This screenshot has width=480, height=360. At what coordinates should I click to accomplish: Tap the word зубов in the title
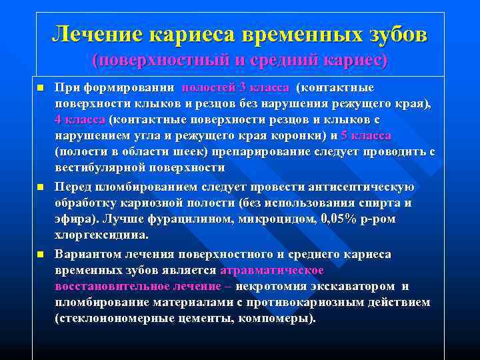coord(392,33)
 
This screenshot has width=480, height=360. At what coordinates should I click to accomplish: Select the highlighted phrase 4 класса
coord(80,120)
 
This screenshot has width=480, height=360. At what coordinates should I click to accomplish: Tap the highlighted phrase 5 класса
coord(366,135)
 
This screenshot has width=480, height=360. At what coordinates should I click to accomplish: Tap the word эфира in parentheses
coord(75,219)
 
